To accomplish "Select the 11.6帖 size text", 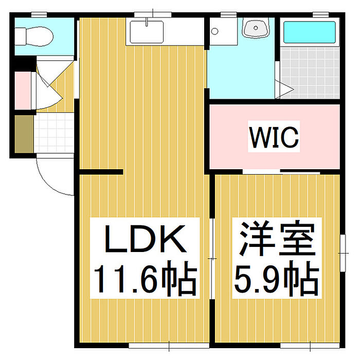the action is (x=145, y=279).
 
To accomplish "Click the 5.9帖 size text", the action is (x=276, y=279).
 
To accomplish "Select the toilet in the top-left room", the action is (x=34, y=36).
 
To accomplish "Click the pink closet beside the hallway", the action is (x=23, y=91).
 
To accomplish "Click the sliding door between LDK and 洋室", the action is (x=212, y=257).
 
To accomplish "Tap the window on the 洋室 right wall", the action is (x=341, y=252).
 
